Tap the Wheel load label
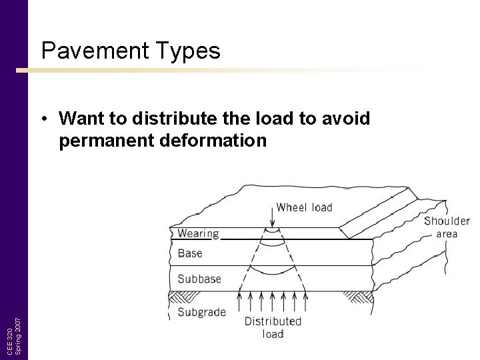coord(304,207)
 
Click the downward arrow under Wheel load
coord(271,219)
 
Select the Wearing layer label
coord(198,233)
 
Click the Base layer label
coord(190,253)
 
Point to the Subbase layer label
coord(199,279)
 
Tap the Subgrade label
coord(201,311)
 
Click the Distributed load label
coord(273,327)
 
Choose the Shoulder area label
coord(447,227)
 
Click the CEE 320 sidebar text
coord(10,342)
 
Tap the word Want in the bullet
coord(81,119)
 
